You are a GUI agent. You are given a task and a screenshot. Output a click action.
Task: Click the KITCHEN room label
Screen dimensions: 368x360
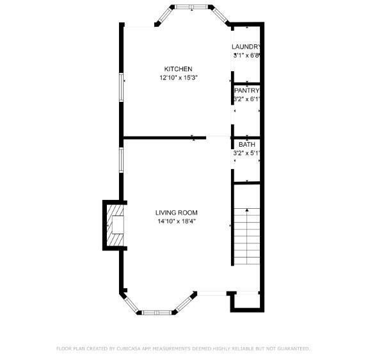pyautogui.click(x=178, y=69)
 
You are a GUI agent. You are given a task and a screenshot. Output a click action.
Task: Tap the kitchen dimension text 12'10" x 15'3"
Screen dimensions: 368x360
pyautogui.click(x=179, y=78)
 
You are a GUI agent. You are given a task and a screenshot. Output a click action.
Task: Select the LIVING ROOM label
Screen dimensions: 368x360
pyautogui.click(x=176, y=213)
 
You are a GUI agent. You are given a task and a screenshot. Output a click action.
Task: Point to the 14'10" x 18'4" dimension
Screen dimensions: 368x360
pyautogui.click(x=177, y=221)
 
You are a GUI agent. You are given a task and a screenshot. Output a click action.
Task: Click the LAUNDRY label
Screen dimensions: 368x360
pyautogui.click(x=246, y=47)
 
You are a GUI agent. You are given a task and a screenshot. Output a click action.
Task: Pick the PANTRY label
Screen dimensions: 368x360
pyautogui.click(x=246, y=90)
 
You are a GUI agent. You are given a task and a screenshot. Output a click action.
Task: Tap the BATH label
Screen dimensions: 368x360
pyautogui.click(x=247, y=144)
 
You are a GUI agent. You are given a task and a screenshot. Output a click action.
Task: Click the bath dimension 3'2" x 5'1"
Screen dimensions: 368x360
pyautogui.click(x=246, y=153)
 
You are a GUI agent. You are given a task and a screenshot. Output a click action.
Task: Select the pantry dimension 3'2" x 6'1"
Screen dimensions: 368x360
pyautogui.click(x=246, y=99)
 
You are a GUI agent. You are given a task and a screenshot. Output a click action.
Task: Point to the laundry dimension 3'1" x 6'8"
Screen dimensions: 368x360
pyautogui.click(x=246, y=56)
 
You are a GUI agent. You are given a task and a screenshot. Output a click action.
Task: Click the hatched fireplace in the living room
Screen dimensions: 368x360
pyautogui.click(x=115, y=225)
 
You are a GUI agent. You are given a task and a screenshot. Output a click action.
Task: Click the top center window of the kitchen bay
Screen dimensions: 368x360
pyautogui.click(x=191, y=7)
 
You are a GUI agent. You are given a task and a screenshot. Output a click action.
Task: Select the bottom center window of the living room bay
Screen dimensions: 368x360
pyautogui.click(x=157, y=313)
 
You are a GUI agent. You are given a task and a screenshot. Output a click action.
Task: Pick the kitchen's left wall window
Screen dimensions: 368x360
pyautogui.click(x=121, y=87)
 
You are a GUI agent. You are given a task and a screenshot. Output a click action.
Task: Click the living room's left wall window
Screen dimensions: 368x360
pyautogui.click(x=121, y=160)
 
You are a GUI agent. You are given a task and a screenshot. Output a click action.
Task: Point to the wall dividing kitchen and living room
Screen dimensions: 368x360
pyautogui.click(x=164, y=138)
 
